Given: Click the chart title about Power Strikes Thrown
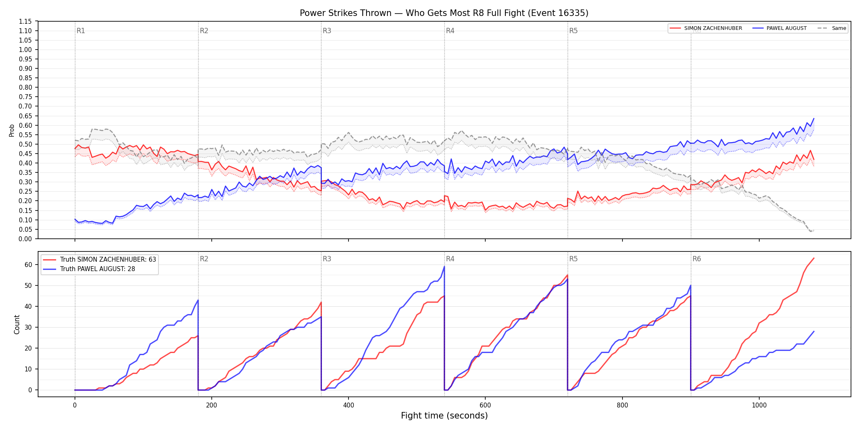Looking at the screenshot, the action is click(x=444, y=13).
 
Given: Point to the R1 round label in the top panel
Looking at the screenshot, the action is click(x=81, y=31).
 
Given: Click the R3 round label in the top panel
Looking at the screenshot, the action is click(x=327, y=31).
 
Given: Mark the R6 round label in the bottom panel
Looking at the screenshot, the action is click(x=697, y=259).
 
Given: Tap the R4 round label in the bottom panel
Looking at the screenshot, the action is click(x=450, y=259).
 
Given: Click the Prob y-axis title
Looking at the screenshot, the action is click(x=12, y=130).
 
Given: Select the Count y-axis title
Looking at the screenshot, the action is click(x=17, y=324).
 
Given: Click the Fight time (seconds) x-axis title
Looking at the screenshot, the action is click(x=444, y=416).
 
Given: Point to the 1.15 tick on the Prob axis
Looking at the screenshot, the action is click(x=25, y=21).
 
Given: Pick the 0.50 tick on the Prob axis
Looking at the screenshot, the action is click(x=25, y=144).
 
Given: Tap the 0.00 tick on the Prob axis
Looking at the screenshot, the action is click(x=25, y=239).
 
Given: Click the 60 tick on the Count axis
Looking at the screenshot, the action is click(x=28, y=265).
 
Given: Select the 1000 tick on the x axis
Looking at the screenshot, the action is click(x=759, y=405).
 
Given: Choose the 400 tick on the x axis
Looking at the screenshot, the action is click(x=349, y=405).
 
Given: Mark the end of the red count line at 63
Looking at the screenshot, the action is click(x=814, y=258).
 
